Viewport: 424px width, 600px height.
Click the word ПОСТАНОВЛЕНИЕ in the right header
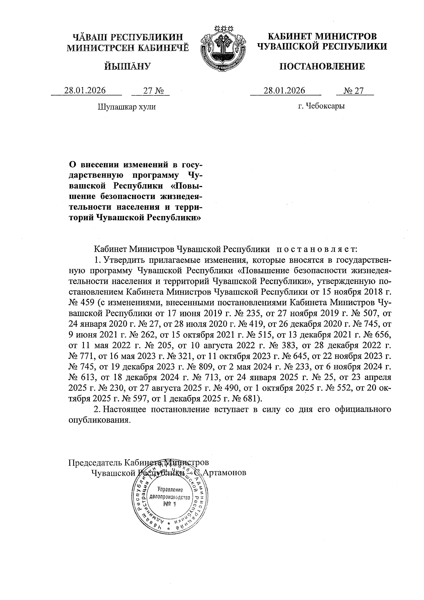322,66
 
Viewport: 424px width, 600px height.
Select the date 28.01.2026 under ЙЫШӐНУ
85,91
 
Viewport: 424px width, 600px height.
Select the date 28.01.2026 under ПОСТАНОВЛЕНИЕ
284,91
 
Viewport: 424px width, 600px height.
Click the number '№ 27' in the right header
354,91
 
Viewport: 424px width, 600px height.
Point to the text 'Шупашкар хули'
126,106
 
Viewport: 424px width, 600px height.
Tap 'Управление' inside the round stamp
171,490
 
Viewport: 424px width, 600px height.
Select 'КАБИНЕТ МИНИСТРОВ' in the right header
322,36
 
